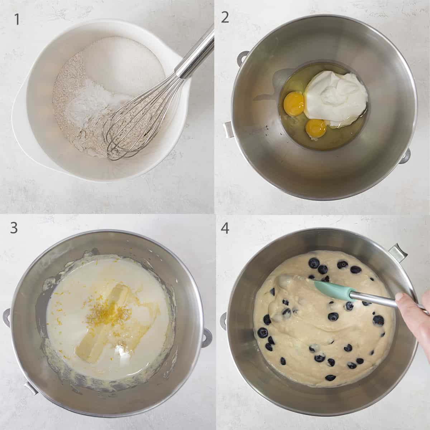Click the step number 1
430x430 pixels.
pos(16,19)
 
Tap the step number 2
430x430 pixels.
pos(225,17)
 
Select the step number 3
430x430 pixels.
pos(14,227)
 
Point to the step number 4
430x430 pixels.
pos(225,228)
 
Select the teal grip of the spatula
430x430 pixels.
pos(331,290)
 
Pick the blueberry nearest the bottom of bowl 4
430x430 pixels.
pos(330,377)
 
